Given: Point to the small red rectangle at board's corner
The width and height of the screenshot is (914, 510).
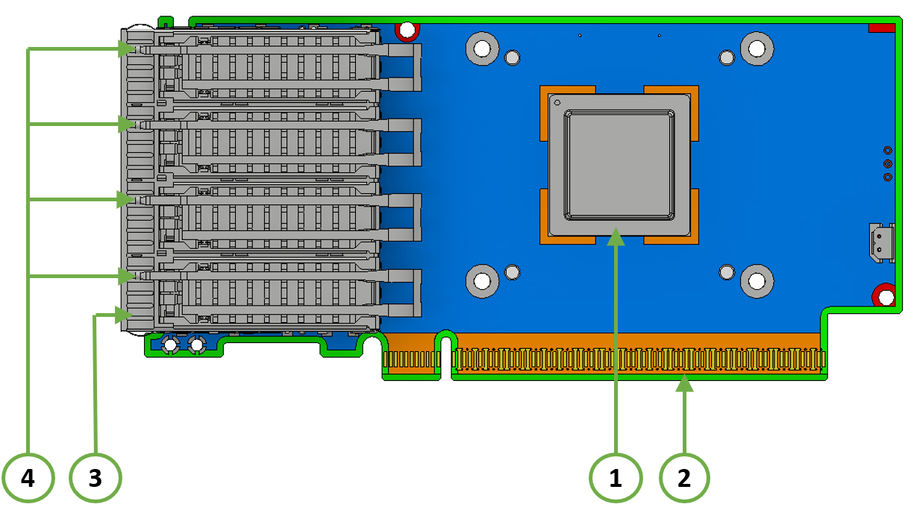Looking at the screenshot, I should coord(882,28).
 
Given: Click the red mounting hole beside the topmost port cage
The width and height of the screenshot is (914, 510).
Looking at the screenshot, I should coord(407,31).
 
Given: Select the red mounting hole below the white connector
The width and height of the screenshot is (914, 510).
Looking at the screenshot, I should coord(885,297).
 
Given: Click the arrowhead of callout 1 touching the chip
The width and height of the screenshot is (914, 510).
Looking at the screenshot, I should coord(616,237).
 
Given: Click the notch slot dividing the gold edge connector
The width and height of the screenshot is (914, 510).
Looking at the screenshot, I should coord(445,358).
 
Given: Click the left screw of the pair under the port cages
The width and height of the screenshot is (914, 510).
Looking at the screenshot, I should coord(169,344).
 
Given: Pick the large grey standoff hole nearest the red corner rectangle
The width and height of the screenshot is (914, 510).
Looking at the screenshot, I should coord(757,49).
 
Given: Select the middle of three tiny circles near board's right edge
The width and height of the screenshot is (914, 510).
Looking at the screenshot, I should coord(888,164).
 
